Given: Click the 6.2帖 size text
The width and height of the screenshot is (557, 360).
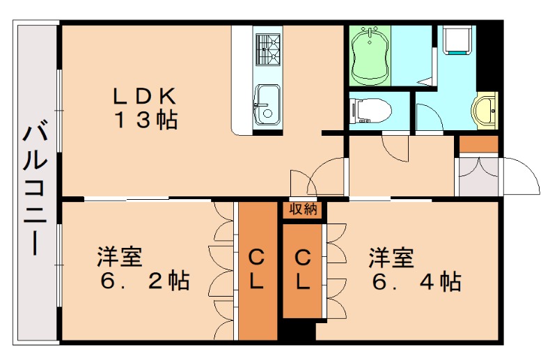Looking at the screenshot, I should pyautogui.click(x=145, y=282).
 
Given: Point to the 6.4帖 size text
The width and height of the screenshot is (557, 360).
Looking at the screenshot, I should pyautogui.click(x=416, y=282).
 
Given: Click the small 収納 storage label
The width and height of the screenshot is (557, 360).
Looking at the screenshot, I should pyautogui.click(x=303, y=209).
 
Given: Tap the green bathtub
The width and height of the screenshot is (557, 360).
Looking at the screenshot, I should pyautogui.click(x=369, y=54).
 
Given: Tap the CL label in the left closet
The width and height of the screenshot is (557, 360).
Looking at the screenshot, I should pyautogui.click(x=257, y=270).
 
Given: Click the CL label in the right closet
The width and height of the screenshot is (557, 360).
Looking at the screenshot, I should pyautogui.click(x=303, y=270).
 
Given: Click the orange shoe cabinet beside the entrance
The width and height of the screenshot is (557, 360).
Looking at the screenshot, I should pyautogui.click(x=478, y=145).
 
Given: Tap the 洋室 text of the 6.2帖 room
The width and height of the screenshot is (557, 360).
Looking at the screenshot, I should pyautogui.click(x=119, y=256).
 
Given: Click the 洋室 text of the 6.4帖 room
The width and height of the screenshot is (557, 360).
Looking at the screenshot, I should pyautogui.click(x=391, y=256).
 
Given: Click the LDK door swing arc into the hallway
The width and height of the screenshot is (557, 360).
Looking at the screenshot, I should pyautogui.click(x=324, y=175).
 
